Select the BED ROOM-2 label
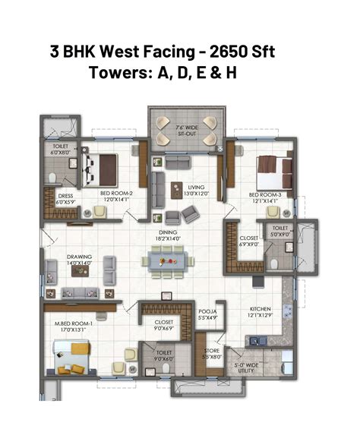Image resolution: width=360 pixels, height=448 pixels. [x=116, y=193]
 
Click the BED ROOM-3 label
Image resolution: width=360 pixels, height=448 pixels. [x=265, y=194]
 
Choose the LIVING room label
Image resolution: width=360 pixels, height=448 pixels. [x=197, y=187]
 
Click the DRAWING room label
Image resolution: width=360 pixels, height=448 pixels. [x=78, y=257]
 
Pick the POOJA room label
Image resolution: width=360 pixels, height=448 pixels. [x=208, y=311]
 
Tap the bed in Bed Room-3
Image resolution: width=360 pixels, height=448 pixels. [x=270, y=168]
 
